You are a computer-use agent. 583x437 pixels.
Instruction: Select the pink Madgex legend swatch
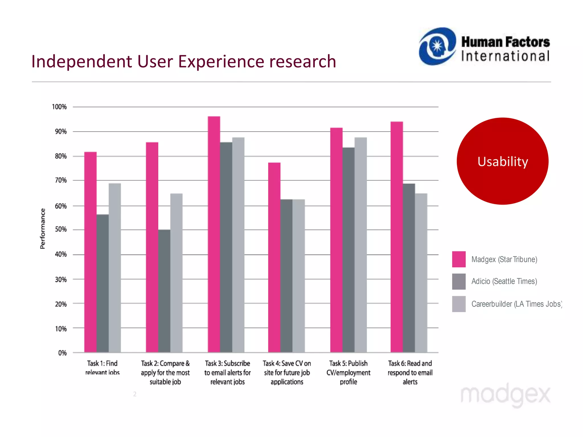pos(459,259)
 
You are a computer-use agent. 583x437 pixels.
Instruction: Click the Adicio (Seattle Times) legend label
pos(504,281)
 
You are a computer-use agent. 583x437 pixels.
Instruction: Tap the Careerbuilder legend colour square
pos(459,304)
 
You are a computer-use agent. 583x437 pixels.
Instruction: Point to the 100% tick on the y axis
pos(59,107)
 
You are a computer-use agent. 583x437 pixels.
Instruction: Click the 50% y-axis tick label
pos(61,229)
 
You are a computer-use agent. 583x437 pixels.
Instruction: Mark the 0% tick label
pos(62,353)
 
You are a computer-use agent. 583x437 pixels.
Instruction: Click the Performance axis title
pos(43,229)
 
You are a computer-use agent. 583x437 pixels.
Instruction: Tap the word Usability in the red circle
pos(503,162)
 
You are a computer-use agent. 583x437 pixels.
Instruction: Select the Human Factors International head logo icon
pos(437,46)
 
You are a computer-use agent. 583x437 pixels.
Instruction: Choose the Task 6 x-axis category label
pos(410,372)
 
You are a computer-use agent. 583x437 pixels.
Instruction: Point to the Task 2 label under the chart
pos(165,372)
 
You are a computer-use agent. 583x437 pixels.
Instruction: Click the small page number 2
pos(135,394)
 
